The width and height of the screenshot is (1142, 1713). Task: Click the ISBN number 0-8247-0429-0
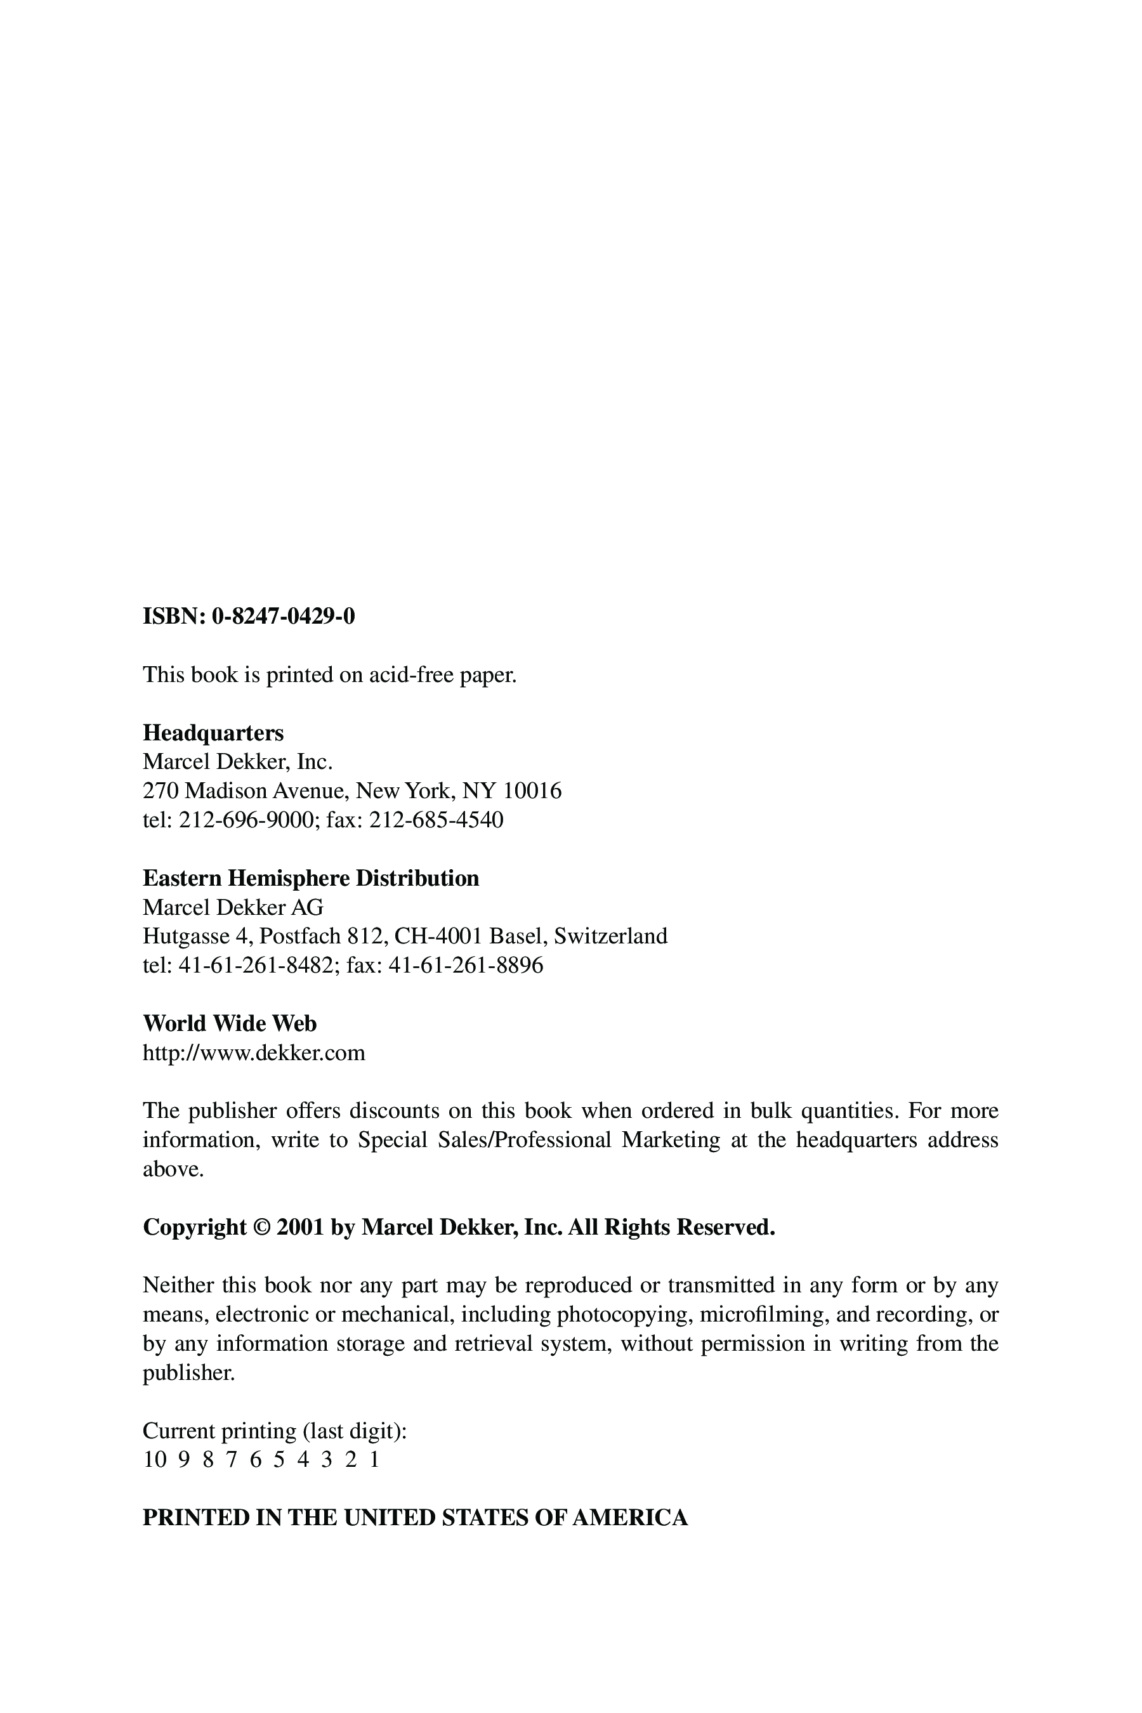coord(284,617)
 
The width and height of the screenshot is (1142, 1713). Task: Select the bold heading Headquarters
coord(213,733)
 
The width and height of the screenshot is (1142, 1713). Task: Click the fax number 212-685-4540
coord(436,820)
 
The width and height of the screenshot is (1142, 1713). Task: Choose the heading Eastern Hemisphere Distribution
coord(311,878)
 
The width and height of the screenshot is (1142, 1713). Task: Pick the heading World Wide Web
coord(230,1024)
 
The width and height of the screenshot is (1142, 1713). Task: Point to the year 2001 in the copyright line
coord(300,1227)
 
